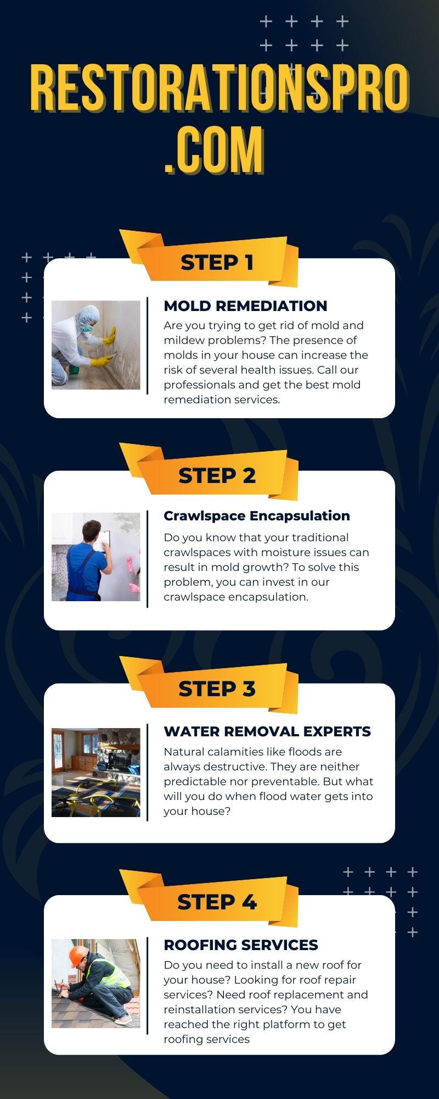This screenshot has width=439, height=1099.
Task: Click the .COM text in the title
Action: click(214, 151)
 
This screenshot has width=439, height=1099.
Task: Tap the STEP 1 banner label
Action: click(217, 263)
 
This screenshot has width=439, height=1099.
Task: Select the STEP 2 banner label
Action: click(217, 476)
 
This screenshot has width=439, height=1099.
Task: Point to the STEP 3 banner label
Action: click(217, 689)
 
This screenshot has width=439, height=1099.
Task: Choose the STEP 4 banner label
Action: click(217, 902)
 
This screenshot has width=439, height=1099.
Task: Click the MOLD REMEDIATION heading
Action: click(245, 306)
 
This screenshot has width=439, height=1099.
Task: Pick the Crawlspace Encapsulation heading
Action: click(257, 516)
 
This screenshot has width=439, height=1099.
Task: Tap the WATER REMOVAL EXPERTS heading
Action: click(267, 732)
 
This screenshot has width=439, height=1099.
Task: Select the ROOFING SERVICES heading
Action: click(241, 945)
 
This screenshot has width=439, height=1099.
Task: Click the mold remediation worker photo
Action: click(96, 345)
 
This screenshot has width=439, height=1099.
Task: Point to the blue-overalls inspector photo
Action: click(96, 557)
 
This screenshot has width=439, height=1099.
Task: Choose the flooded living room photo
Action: click(96, 773)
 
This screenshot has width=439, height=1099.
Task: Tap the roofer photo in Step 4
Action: click(96, 983)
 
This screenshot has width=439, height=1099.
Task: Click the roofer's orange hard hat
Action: click(77, 955)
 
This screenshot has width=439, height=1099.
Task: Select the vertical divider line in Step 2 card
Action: click(148, 559)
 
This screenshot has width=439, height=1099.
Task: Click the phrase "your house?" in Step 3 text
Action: click(197, 812)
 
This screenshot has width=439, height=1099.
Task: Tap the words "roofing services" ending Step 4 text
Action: click(206, 1039)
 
